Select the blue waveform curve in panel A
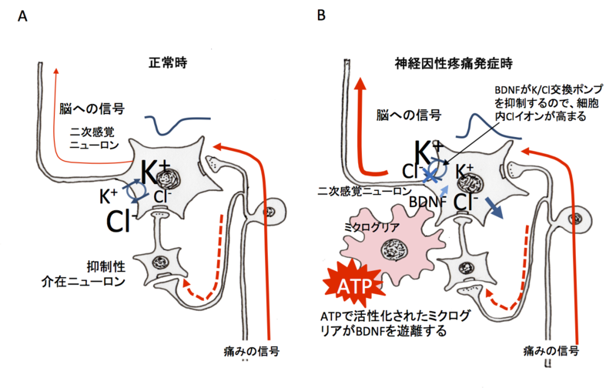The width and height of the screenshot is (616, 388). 176,123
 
